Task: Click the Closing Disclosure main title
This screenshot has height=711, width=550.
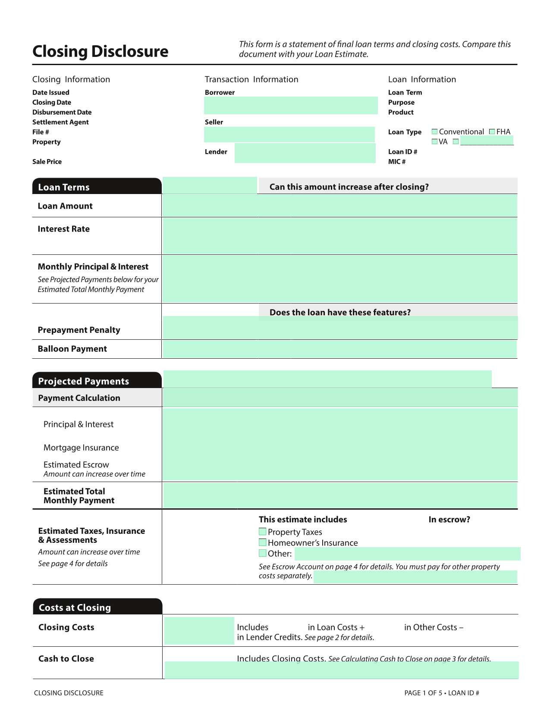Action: [100, 51]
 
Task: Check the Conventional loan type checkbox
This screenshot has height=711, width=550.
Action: [435, 132]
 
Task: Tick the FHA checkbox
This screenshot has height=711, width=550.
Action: [492, 132]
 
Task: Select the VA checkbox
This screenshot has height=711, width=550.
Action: [435, 141]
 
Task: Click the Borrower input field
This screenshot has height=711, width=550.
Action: [290, 105]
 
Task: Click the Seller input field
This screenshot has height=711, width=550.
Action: [289, 135]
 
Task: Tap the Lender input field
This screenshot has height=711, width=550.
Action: [305, 153]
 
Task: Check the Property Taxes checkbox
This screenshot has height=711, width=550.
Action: [262, 532]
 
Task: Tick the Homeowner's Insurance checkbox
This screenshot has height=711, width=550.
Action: [262, 542]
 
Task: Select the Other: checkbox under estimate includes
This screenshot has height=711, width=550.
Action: [262, 553]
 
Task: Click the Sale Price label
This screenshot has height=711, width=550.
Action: [47, 162]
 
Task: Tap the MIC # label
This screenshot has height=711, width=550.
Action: [397, 162]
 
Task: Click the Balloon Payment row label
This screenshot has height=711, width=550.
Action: [72, 349]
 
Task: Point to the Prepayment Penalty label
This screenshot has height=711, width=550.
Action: [79, 330]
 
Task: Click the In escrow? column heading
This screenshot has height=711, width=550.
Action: [449, 520]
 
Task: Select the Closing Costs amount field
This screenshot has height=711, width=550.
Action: [199, 630]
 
